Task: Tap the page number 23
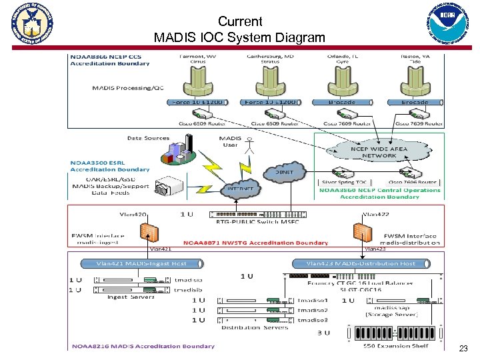click(463, 349)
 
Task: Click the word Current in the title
click(240, 21)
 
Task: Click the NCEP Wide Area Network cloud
click(379, 152)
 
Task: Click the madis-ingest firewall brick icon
click(149, 233)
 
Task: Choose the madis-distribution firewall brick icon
click(362, 233)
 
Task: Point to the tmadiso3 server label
click(312, 320)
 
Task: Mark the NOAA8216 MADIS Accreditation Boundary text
click(143, 346)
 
